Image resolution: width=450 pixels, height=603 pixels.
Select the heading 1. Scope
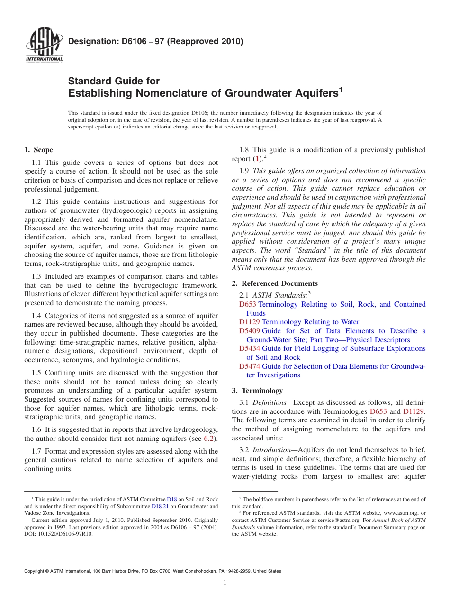tap(38, 150)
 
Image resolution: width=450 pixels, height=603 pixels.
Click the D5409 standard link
tap(250, 331)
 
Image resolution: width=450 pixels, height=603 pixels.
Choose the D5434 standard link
tap(250, 348)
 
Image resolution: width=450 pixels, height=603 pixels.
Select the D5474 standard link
tap(250, 366)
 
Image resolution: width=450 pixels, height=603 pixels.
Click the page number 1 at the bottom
tap(225, 583)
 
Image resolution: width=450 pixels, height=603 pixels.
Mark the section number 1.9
tap(245, 171)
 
